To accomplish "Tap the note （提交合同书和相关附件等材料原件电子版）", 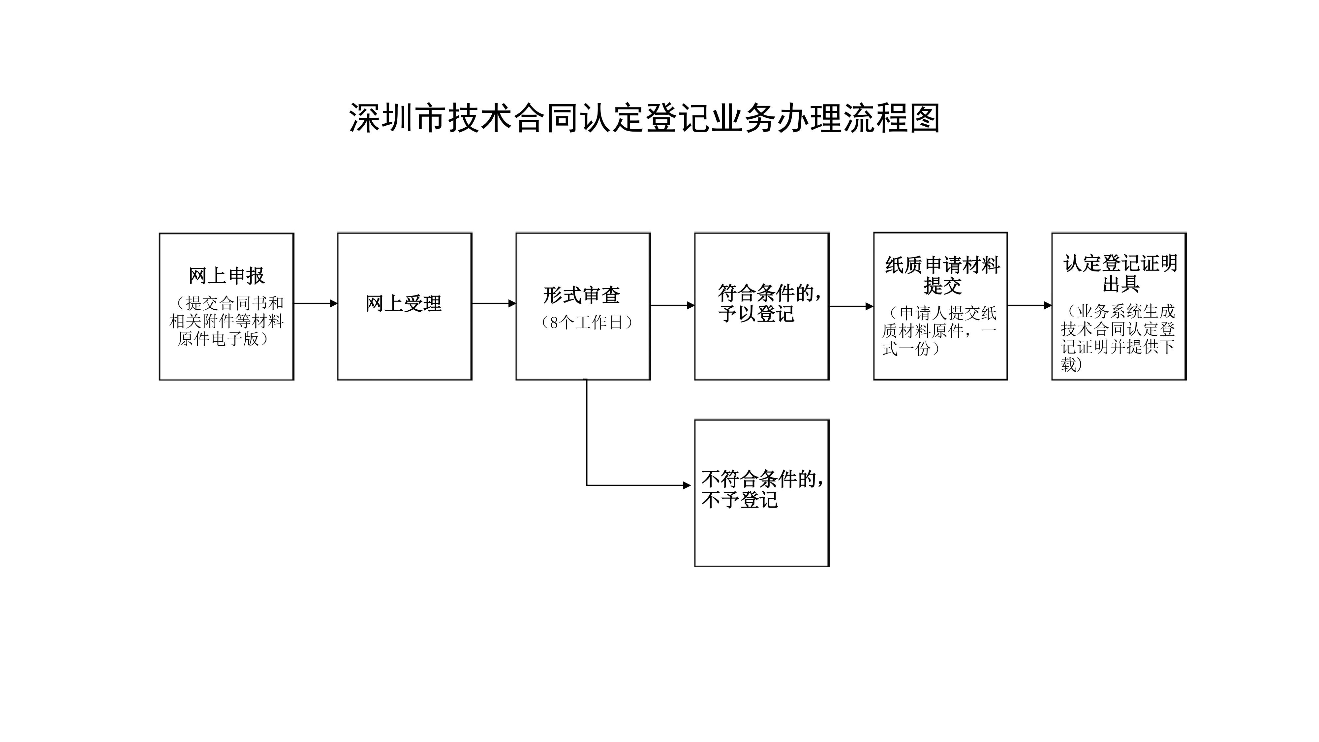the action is (x=226, y=321).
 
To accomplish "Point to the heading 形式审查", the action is (x=582, y=295).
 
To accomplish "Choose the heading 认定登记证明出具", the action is (x=1120, y=273).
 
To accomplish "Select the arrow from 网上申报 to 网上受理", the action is (x=316, y=303).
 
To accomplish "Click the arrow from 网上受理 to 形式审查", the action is (x=494, y=303).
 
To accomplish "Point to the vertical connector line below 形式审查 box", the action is (x=586, y=432).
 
